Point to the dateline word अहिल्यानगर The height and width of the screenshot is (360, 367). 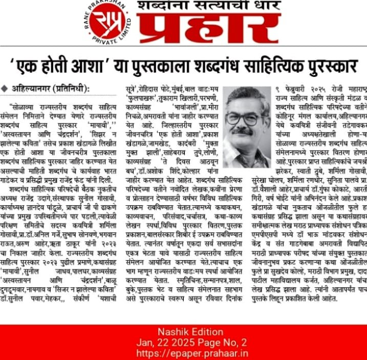(x=32, y=88)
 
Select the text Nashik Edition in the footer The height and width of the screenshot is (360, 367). (x=183, y=331)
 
